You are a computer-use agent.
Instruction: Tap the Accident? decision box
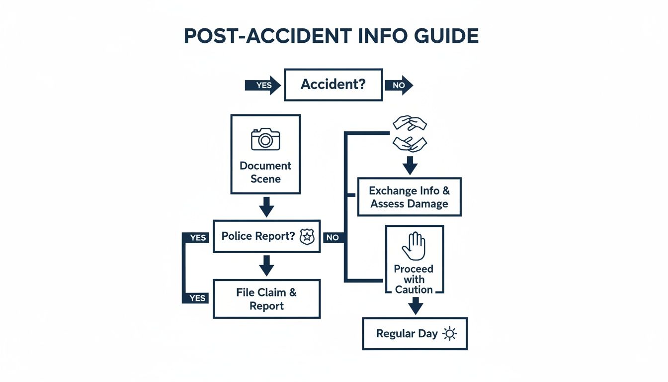click(333, 85)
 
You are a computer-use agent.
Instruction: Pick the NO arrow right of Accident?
click(399, 85)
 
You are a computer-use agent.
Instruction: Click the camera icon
click(265, 139)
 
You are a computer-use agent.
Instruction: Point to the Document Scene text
click(265, 172)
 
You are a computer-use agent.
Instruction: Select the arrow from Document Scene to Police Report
click(267, 206)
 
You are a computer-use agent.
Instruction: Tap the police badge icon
click(307, 237)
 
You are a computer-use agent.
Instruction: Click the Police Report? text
click(258, 236)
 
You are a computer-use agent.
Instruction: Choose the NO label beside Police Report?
click(333, 238)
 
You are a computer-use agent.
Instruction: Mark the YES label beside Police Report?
click(198, 238)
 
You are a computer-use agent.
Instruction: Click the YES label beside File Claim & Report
click(197, 298)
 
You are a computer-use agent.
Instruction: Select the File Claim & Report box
click(266, 299)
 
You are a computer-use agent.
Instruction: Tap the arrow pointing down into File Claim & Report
click(267, 266)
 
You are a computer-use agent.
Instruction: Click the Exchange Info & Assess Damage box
click(409, 197)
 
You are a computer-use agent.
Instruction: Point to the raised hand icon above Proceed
click(414, 247)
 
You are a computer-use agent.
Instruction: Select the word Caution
click(414, 289)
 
